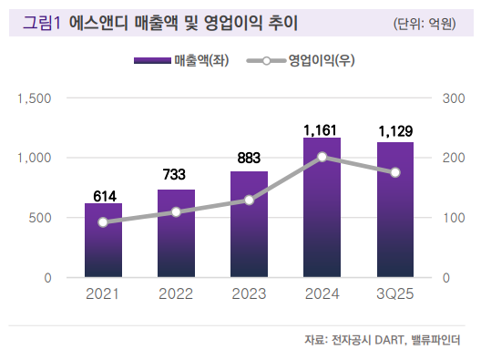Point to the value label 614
pyautogui.click(x=102, y=195)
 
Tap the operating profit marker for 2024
pyautogui.click(x=322, y=157)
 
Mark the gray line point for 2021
pyautogui.click(x=102, y=222)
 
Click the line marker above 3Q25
pyautogui.click(x=394, y=172)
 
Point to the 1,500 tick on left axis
pyautogui.click(x=36, y=98)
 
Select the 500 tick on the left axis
pyautogui.click(x=41, y=218)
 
